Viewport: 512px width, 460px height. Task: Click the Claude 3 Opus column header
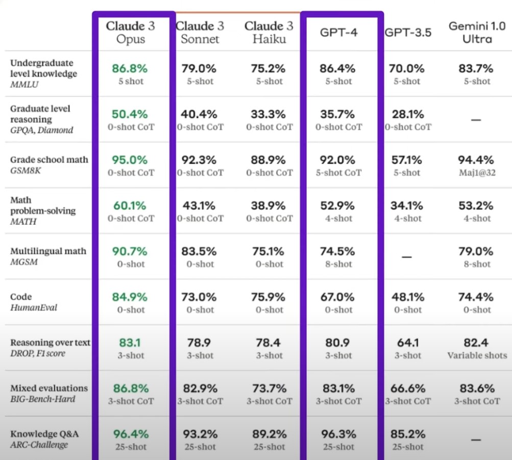pyautogui.click(x=130, y=32)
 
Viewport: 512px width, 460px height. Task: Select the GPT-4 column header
pyautogui.click(x=338, y=32)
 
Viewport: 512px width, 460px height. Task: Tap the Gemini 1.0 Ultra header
pyautogui.click(x=477, y=32)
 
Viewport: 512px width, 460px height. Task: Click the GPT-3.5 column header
pyautogui.click(x=408, y=32)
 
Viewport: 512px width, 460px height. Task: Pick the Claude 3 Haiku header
pyautogui.click(x=269, y=32)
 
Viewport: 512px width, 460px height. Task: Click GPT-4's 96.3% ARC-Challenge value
pyautogui.click(x=338, y=434)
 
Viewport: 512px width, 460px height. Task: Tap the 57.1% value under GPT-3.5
pyautogui.click(x=407, y=160)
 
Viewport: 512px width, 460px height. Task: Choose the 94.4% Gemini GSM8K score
pyautogui.click(x=476, y=160)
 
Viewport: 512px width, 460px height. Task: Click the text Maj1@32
pyautogui.click(x=477, y=173)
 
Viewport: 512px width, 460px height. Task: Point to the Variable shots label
pyautogui.click(x=477, y=355)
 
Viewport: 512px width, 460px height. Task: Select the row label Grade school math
pyautogui.click(x=49, y=160)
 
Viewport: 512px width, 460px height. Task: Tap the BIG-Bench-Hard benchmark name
pyautogui.click(x=43, y=399)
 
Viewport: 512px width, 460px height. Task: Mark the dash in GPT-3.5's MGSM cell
pyautogui.click(x=407, y=257)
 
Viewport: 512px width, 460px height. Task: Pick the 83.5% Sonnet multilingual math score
pyautogui.click(x=200, y=251)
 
